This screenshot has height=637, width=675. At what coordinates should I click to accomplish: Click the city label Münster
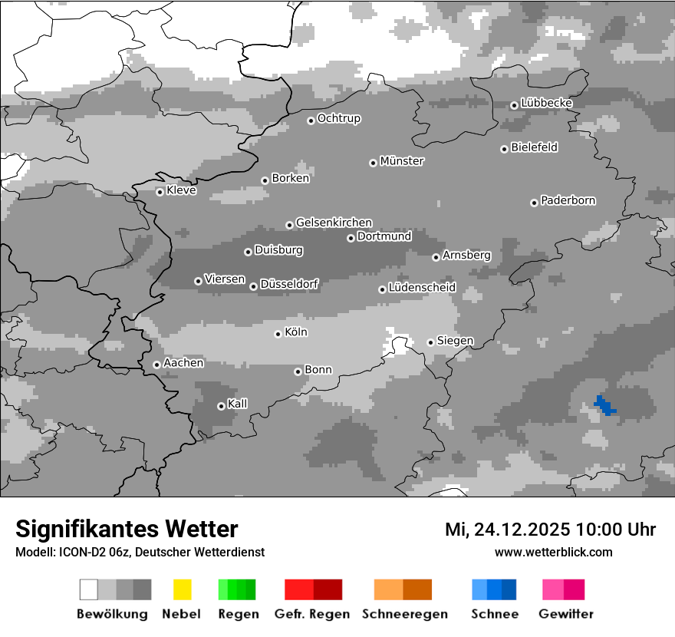402,161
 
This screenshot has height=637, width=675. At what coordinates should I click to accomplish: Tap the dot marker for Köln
278,334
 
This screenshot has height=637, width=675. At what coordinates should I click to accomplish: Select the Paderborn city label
568,201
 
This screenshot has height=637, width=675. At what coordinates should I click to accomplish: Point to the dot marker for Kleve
160,192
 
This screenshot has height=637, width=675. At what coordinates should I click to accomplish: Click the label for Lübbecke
547,103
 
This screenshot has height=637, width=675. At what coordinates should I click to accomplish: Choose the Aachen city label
183,363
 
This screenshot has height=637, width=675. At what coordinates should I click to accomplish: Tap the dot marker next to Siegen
430,342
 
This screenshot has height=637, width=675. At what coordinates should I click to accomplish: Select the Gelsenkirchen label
334,223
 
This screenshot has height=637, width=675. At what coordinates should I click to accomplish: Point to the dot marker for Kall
221,406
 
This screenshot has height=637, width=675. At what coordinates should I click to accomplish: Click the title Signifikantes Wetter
127,529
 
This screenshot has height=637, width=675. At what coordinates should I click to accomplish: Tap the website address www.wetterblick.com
553,552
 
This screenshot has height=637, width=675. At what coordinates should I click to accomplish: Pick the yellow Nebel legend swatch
182,589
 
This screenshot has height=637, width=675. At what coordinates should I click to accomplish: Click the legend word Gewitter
566,614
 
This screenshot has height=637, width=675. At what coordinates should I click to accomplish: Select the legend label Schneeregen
405,614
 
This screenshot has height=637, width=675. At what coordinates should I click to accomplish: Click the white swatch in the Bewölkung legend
89,589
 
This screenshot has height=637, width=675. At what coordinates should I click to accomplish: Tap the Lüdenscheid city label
422,288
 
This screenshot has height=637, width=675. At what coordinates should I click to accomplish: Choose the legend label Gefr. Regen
312,614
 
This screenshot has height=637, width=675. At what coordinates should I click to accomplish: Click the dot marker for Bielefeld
504,149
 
